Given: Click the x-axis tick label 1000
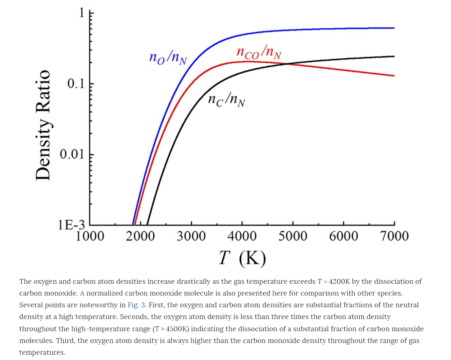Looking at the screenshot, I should click(x=90, y=236).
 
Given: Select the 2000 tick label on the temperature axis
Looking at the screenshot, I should click(x=140, y=236).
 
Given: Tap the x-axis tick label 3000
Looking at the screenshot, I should click(x=191, y=236).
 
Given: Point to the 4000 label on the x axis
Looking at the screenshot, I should click(x=242, y=236).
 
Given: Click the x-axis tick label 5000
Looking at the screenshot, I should click(x=293, y=236).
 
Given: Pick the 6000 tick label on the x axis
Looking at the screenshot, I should click(x=344, y=236).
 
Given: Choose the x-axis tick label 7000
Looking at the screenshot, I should click(x=394, y=236).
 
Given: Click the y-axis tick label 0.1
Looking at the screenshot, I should click(x=76, y=84).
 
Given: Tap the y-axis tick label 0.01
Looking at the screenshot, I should click(x=72, y=154).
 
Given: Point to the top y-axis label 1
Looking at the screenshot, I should click(x=82, y=13).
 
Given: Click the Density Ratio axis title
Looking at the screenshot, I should click(x=43, y=125).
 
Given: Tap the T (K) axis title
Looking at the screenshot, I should click(x=243, y=258).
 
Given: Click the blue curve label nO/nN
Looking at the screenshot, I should click(x=168, y=58).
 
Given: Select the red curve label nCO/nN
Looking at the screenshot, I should click(x=259, y=52).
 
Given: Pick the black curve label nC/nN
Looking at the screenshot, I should click(x=226, y=100).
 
